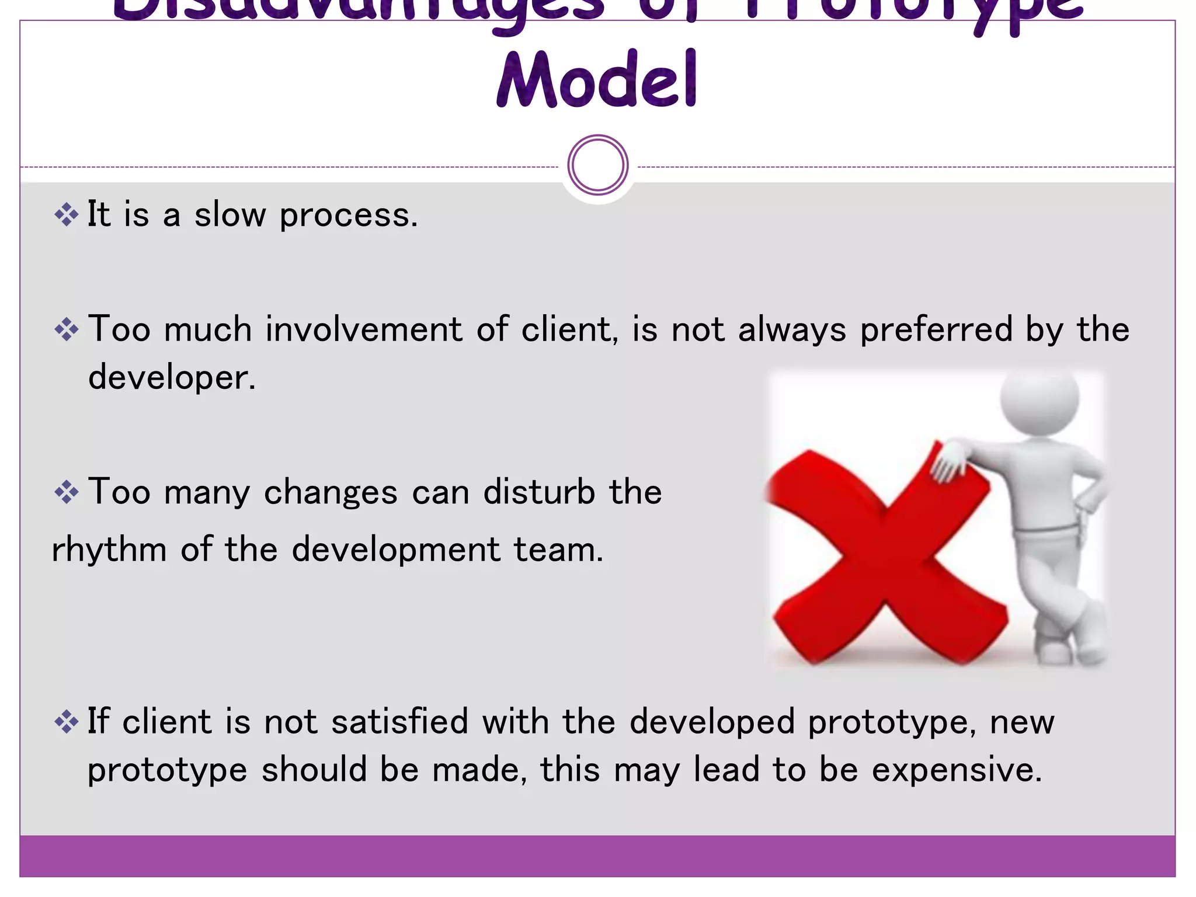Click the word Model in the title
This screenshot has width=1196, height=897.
click(x=597, y=80)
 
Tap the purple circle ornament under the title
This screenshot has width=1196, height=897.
click(x=597, y=165)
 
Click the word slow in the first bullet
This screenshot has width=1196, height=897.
click(x=230, y=215)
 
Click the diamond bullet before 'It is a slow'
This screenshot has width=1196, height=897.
click(x=67, y=215)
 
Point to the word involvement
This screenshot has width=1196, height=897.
click(x=363, y=329)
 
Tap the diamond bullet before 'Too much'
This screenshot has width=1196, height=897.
click(x=67, y=330)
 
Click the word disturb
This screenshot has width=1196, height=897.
click(x=539, y=492)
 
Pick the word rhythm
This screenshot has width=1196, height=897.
click(x=109, y=551)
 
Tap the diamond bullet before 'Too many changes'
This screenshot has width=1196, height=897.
click(x=67, y=492)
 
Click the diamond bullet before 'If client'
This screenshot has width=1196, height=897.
click(x=67, y=722)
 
